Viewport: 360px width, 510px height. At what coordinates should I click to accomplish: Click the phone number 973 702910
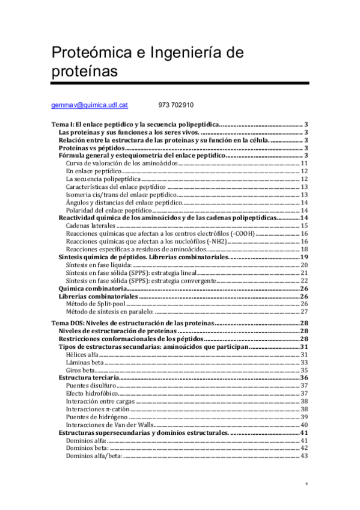tap(176, 105)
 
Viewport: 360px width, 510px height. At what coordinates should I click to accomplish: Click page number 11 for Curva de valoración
tap(304, 163)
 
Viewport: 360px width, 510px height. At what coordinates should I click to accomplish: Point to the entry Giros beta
tap(81, 370)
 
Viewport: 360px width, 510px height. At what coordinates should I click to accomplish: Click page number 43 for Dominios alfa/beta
tap(304, 455)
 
